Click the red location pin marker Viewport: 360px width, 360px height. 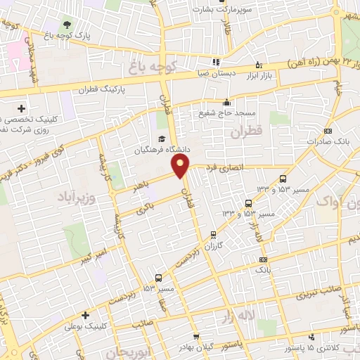(x=181, y=166)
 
